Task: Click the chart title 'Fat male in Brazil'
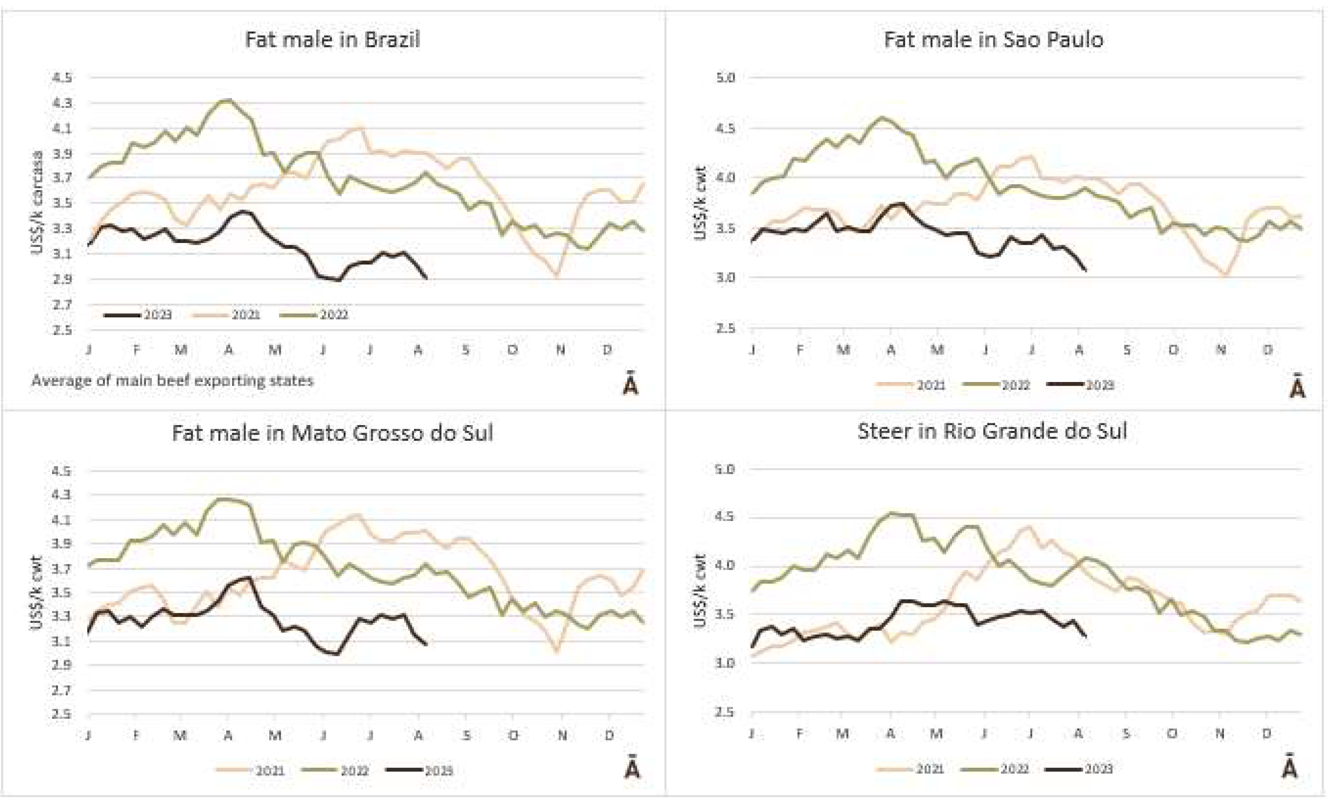[x=332, y=39]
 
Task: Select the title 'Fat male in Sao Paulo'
[x=993, y=39]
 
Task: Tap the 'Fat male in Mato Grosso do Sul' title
[x=332, y=433]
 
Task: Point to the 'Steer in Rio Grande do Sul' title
[x=992, y=431]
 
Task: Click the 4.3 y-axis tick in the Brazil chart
[x=61, y=102]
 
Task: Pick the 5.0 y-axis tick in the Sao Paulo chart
[x=725, y=78]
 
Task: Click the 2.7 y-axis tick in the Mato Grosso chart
[x=61, y=690]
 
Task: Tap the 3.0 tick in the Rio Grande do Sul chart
[x=725, y=663]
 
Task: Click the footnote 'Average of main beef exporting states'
[x=172, y=381]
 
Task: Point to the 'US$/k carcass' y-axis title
[x=37, y=203]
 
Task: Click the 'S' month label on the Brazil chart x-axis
[x=465, y=350]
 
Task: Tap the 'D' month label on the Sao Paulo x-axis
[x=1268, y=350]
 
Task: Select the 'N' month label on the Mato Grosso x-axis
[x=562, y=735]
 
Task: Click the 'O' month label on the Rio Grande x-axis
[x=1172, y=733]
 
